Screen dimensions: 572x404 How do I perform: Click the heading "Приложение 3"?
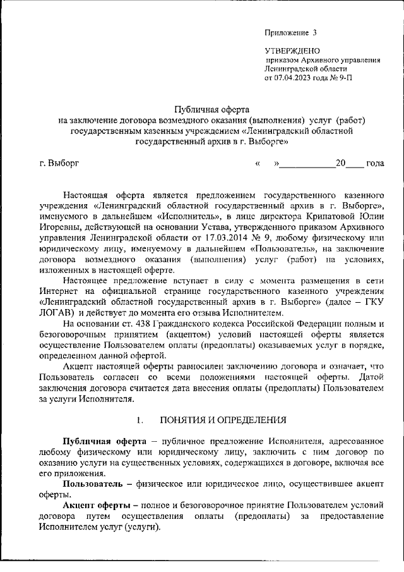coord(290,32)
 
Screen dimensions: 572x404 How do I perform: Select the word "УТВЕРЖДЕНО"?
coord(292,50)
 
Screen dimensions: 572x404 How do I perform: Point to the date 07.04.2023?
coord(297,78)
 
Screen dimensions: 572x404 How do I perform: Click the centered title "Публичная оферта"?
coord(211,109)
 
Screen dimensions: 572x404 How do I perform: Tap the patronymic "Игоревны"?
coord(60,228)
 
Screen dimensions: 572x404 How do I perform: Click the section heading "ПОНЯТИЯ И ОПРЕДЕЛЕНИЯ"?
coord(223,420)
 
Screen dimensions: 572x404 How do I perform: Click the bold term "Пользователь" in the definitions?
coord(95,483)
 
